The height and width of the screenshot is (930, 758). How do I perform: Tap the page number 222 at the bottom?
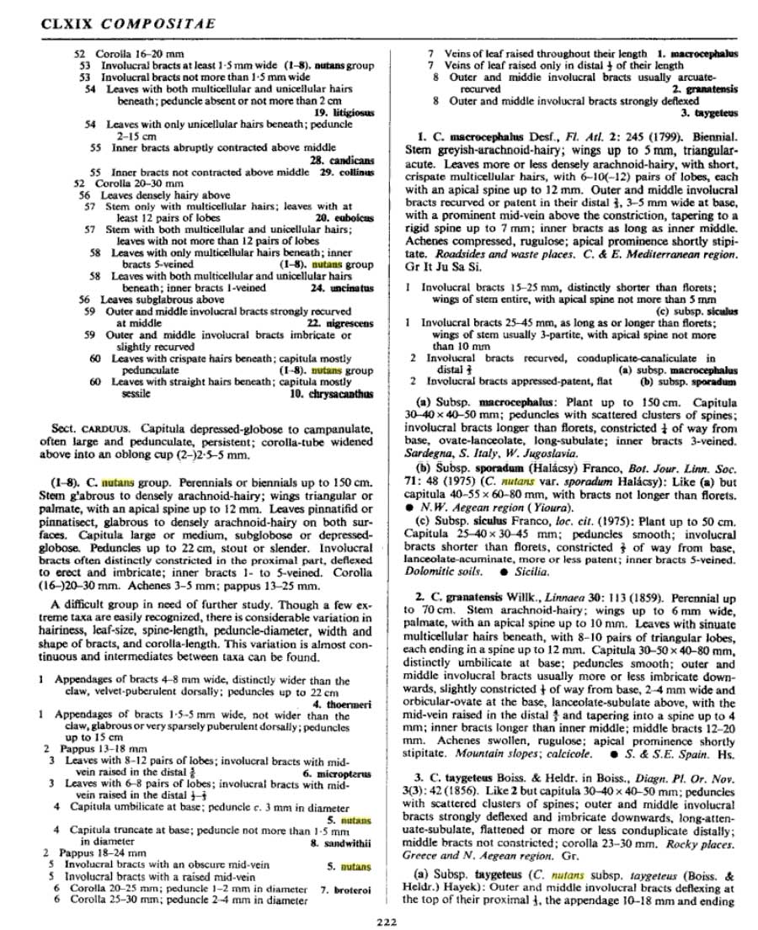click(387, 921)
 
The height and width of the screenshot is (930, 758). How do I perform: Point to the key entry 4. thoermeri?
click(341, 704)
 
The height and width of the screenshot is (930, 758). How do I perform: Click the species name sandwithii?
click(346, 841)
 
